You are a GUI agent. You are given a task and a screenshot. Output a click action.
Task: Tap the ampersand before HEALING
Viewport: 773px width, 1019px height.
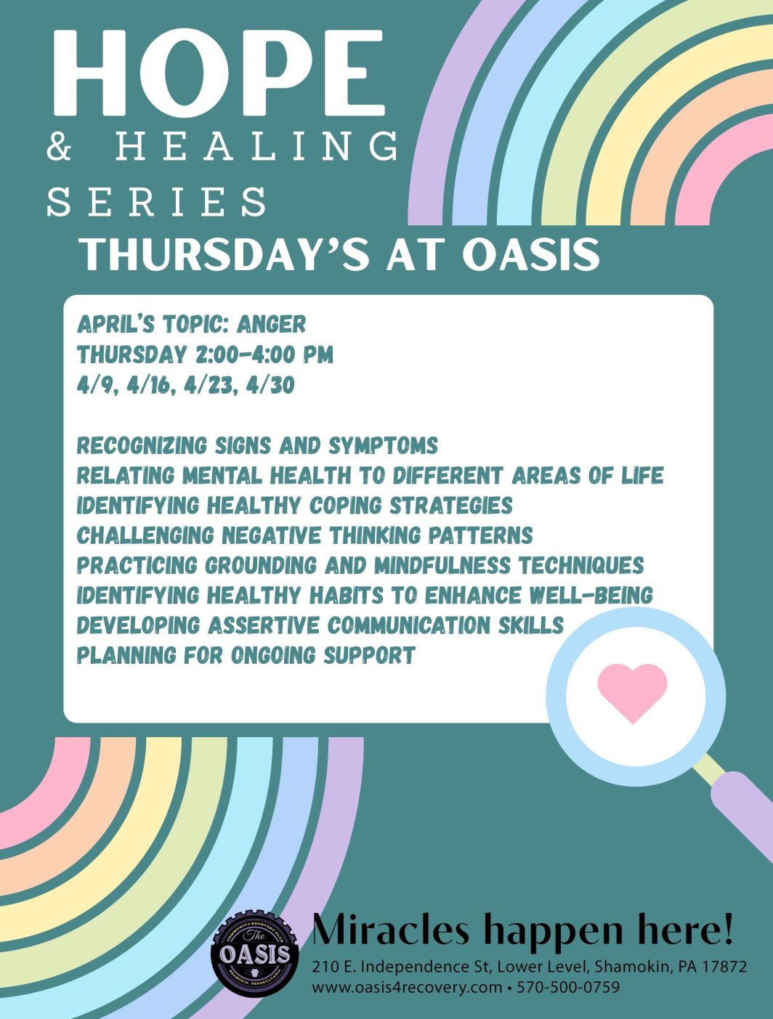coord(59,146)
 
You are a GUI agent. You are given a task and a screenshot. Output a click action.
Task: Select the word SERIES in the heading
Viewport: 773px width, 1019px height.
coord(157,202)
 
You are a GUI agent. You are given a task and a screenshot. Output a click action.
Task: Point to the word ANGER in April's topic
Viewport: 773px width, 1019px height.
coord(272,325)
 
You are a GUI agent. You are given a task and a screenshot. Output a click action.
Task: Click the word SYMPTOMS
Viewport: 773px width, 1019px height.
coord(383,446)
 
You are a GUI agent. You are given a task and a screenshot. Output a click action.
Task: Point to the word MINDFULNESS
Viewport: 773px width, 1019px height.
coord(442,566)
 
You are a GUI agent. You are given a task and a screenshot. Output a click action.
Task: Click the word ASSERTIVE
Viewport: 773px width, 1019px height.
coord(264,625)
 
